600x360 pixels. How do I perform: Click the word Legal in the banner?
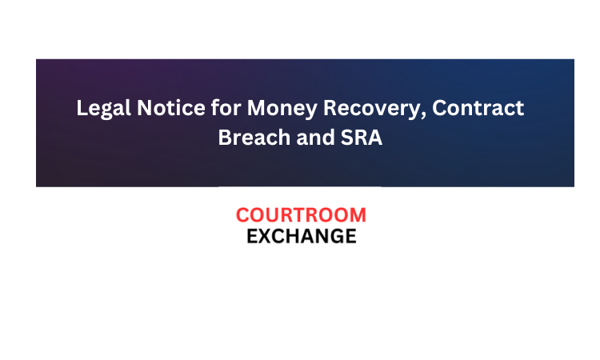[x=103, y=109]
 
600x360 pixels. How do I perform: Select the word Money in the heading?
[x=282, y=109]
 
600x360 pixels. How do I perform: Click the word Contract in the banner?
[x=478, y=107]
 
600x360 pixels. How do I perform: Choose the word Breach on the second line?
[x=254, y=137]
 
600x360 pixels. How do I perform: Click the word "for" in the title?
[x=226, y=107]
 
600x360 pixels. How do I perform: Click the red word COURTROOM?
[x=301, y=215]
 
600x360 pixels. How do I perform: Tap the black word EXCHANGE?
[x=302, y=236]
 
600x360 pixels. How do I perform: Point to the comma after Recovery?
[x=423, y=115]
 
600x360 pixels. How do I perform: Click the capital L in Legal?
[x=82, y=107]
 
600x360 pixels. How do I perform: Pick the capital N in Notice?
[x=145, y=107]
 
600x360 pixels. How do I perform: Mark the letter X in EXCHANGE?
[x=265, y=236]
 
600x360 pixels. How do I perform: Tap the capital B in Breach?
[x=225, y=138]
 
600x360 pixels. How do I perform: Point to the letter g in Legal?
[x=107, y=111]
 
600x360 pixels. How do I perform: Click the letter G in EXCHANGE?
[x=335, y=236]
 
